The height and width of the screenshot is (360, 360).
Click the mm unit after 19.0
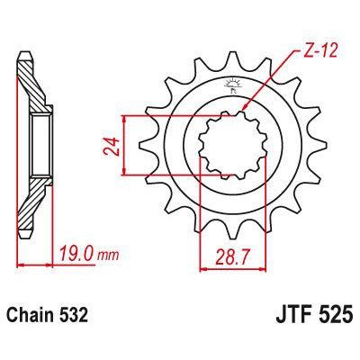click(x=109, y=257)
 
